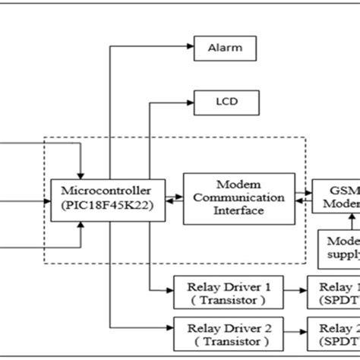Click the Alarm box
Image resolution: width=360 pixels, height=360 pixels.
pyautogui.click(x=225, y=49)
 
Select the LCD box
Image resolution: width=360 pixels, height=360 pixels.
pyautogui.click(x=225, y=99)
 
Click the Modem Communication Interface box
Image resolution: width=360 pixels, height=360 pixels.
pyautogui.click(x=239, y=198)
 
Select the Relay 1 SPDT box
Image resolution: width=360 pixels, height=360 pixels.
pyautogui.click(x=334, y=293)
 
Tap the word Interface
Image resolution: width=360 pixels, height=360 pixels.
pyautogui.click(x=239, y=210)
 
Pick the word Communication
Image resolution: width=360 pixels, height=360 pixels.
pyautogui.click(x=239, y=198)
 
